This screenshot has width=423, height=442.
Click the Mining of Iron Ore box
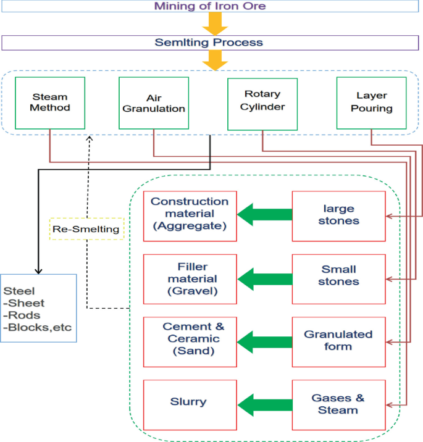tap(209, 7)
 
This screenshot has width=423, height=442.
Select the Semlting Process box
tap(209, 43)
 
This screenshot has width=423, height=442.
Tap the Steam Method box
tap(50, 102)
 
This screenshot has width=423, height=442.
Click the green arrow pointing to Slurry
tap(264, 405)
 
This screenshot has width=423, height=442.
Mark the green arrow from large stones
tap(264, 215)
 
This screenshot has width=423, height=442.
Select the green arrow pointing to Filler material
tap(264, 280)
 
